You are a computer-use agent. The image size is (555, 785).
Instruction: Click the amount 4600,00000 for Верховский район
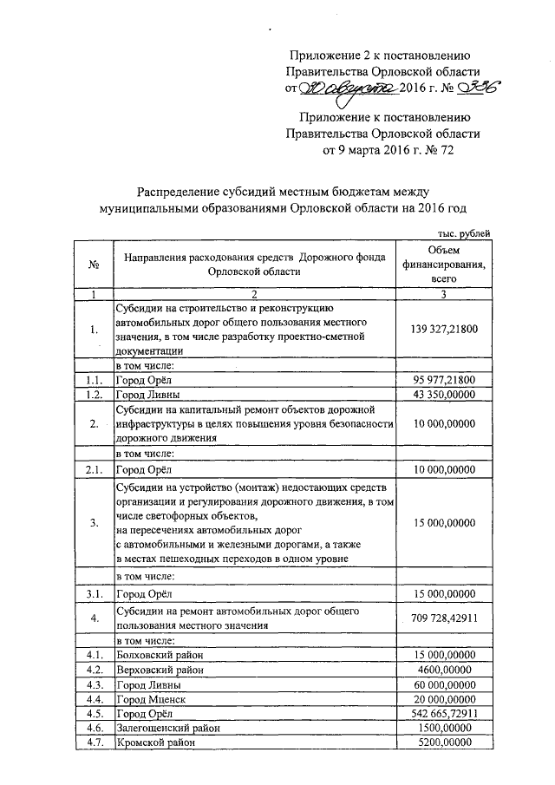(x=443, y=670)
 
